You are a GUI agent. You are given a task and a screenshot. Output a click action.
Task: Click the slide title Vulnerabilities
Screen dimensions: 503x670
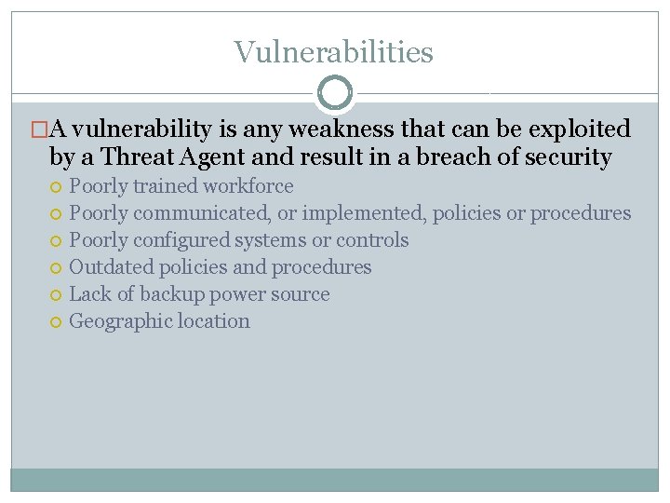pyautogui.click(x=333, y=52)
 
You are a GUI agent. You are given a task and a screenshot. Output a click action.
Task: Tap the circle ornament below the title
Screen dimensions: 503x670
pyautogui.click(x=335, y=93)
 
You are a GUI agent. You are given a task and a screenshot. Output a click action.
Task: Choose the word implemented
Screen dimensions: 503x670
pyautogui.click(x=364, y=213)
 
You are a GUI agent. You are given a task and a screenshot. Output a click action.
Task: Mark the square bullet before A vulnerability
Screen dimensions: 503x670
pyautogui.click(x=39, y=129)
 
